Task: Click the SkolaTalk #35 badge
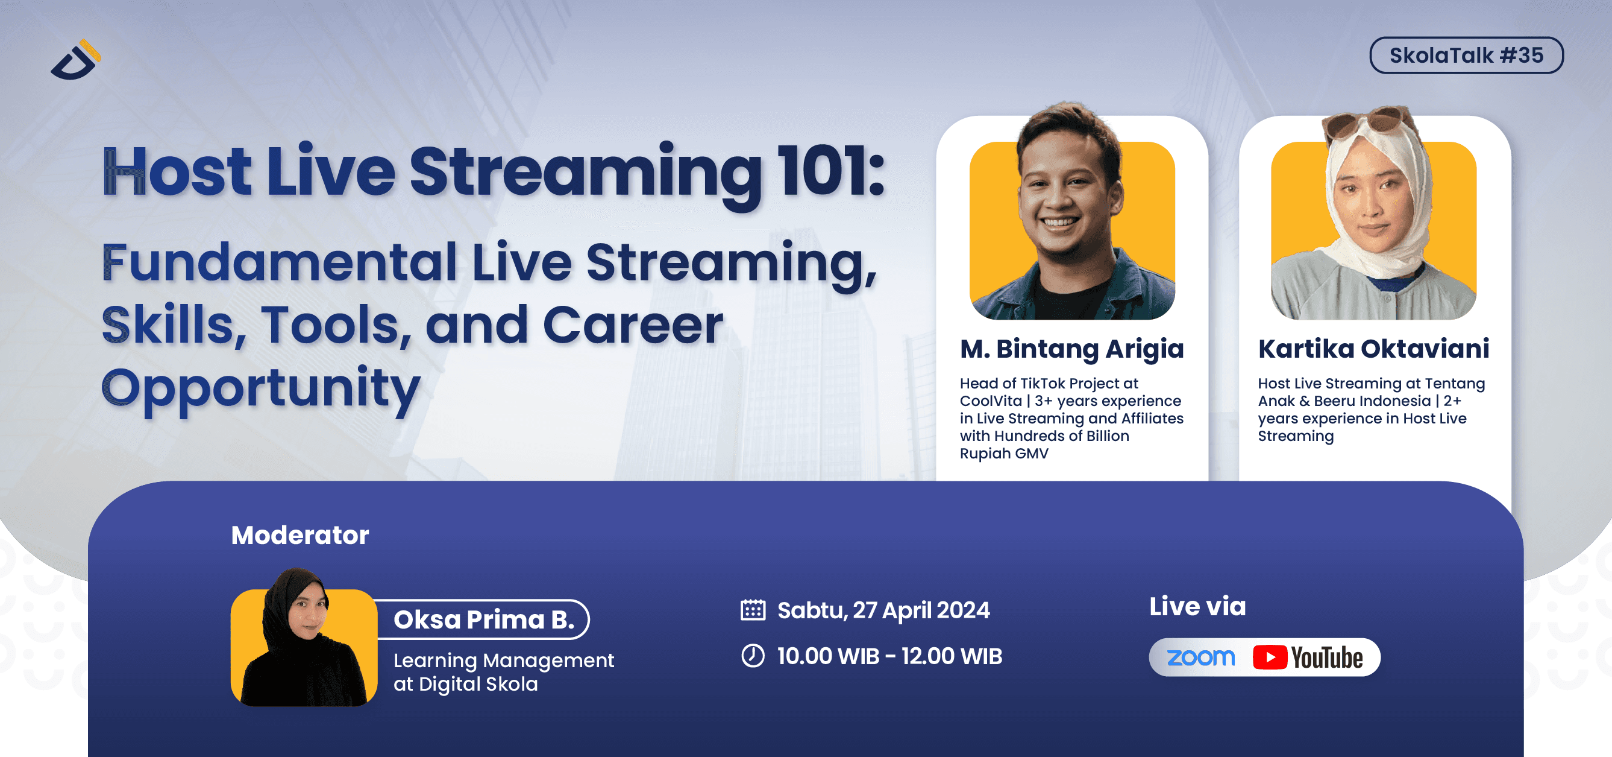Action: click(1466, 55)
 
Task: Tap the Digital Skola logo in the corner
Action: click(76, 61)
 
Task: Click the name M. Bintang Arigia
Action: click(1071, 349)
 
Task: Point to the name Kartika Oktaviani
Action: click(1373, 349)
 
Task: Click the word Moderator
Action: click(300, 536)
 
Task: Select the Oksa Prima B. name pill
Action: click(483, 619)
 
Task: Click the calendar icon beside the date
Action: click(752, 610)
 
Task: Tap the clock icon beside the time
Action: click(752, 656)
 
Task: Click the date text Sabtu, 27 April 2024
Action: click(883, 610)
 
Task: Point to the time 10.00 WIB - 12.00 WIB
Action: click(889, 656)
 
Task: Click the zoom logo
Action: click(1200, 657)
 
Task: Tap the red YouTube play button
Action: click(1269, 657)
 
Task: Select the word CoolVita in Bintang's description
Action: click(990, 401)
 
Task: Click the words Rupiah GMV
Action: click(1004, 454)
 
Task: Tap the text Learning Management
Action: click(503, 660)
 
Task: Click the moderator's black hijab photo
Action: click(304, 645)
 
